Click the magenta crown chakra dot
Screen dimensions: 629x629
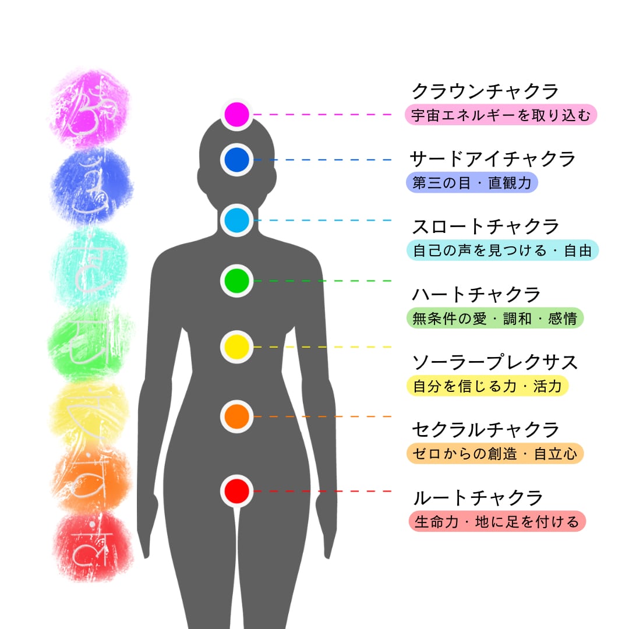tap(236, 114)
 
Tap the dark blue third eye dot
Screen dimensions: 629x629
tap(236, 160)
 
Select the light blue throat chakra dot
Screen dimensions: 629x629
tap(236, 220)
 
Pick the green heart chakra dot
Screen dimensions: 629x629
tap(236, 281)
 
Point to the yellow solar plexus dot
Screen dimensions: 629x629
tap(236, 347)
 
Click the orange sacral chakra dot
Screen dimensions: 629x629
tap(236, 416)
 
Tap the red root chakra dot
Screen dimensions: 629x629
tap(236, 491)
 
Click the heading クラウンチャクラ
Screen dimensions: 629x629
tap(485, 91)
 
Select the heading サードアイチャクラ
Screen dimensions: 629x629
tap(493, 158)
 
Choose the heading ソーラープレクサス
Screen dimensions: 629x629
tap(495, 362)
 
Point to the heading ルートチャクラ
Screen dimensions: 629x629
tap(477, 498)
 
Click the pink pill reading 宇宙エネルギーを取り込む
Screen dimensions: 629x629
tap(501, 115)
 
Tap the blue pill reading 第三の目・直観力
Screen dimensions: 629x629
tap(472, 183)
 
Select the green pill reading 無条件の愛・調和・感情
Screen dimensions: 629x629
tap(494, 319)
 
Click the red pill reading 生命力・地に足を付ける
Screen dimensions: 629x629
tap(497, 521)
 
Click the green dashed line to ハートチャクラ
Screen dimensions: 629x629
tap(323, 281)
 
